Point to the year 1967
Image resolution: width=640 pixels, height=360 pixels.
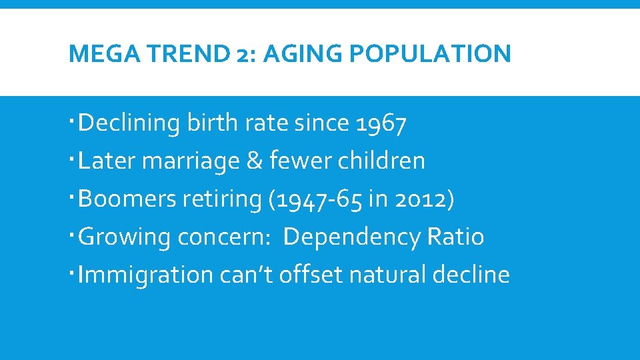pyautogui.click(x=381, y=123)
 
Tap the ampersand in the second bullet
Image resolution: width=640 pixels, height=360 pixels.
pyautogui.click(x=254, y=161)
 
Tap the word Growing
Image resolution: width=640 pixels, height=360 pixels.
pyautogui.click(x=125, y=237)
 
